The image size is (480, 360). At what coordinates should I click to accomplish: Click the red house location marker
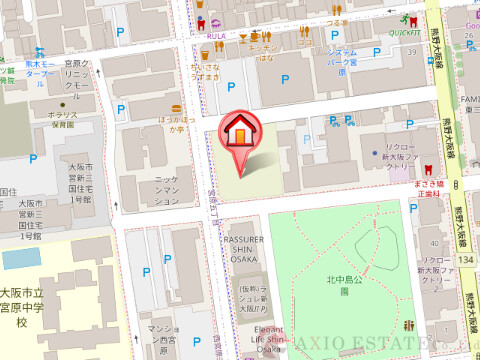coord(241,134)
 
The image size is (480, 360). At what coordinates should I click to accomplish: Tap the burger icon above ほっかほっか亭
coord(178,107)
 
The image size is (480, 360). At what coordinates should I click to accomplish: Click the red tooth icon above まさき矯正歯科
coord(430,172)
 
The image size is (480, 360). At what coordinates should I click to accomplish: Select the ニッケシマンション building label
coord(166,192)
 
